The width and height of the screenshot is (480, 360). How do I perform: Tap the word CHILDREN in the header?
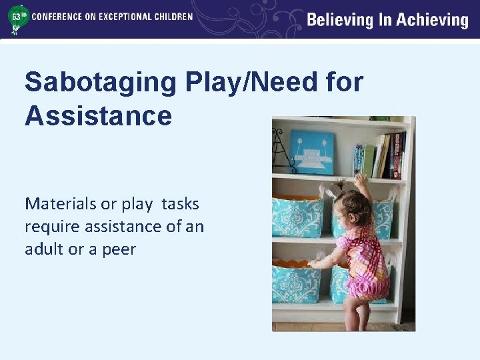point(173,16)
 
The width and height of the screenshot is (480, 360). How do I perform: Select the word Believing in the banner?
point(339,19)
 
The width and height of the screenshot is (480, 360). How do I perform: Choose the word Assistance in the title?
point(98,115)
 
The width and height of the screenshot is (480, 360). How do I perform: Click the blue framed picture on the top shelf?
point(311,152)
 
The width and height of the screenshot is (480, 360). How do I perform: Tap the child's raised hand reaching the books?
point(361,179)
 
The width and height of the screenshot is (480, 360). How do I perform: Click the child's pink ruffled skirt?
point(366,283)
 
